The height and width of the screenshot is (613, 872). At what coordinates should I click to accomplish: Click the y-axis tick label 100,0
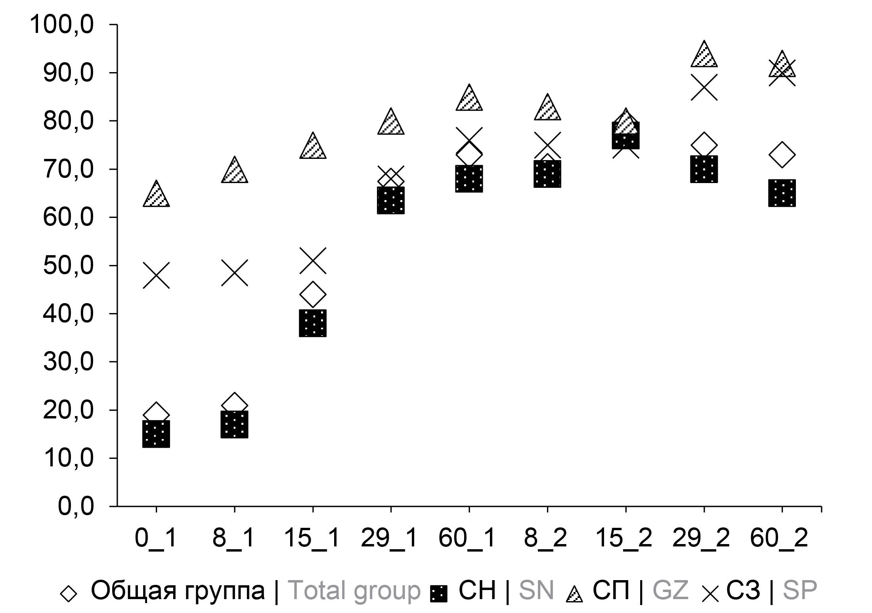coord(62,25)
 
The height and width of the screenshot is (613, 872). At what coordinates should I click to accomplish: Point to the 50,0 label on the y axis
coord(68,266)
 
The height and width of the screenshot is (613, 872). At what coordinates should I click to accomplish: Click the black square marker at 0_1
coord(156,434)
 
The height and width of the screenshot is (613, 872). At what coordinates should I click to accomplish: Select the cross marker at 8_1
coord(234,273)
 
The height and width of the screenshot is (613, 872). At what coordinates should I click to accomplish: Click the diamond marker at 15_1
coord(313,294)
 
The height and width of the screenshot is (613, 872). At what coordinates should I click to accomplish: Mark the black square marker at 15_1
coord(313,323)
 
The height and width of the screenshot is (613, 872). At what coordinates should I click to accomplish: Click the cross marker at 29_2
coord(704,87)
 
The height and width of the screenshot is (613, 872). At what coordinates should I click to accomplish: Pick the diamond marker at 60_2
coord(782,155)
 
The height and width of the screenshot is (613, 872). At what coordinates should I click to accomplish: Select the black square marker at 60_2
coord(782,193)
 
